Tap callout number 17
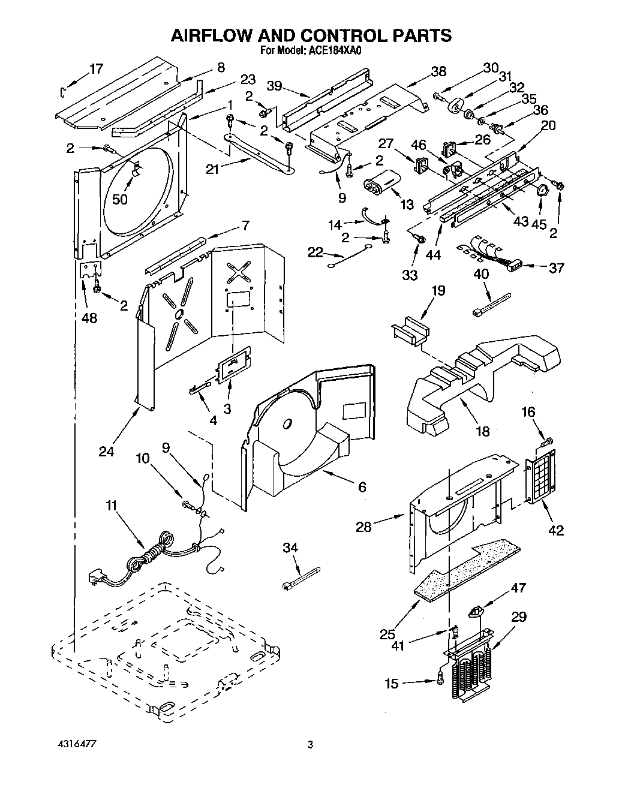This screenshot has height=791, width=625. (97, 68)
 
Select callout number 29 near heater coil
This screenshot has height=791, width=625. (519, 616)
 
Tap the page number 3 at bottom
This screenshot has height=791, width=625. (310, 745)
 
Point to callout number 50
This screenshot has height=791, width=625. (120, 199)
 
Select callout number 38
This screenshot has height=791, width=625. (438, 71)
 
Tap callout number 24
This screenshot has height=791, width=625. (106, 451)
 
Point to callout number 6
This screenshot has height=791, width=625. (362, 487)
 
